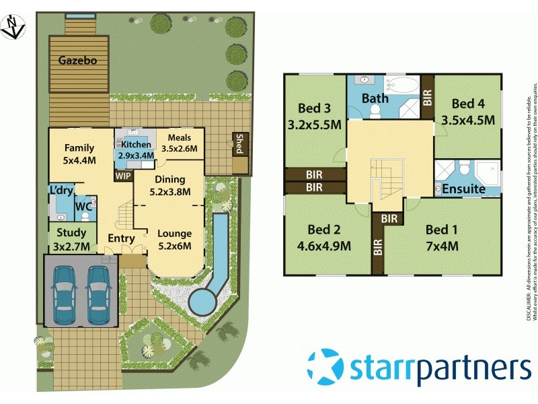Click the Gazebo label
click(x=78, y=61)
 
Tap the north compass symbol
click(x=11, y=26)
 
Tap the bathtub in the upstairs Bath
click(x=403, y=86)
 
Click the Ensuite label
click(x=463, y=189)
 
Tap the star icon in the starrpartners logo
click(x=325, y=367)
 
